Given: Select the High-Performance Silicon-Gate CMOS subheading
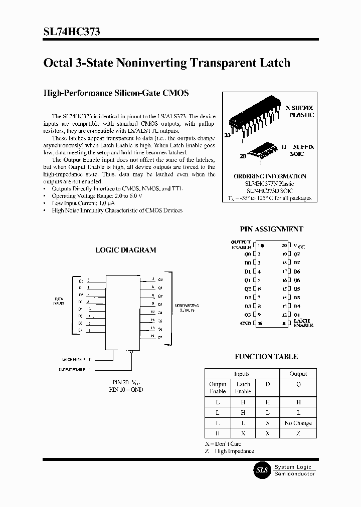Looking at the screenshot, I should pos(116,93).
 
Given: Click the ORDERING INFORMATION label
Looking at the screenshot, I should pos(270,176).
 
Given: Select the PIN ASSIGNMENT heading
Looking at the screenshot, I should pos(271,229).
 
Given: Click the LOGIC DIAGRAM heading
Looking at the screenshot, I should pos(126,250).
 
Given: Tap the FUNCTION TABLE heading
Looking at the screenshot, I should pos(266,357).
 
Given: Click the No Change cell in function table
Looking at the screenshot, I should pos(298,423).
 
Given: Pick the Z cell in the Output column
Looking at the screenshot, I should pos(298,433).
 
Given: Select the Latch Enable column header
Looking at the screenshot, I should pos(243,388).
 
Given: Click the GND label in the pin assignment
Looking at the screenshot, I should pos(246,324).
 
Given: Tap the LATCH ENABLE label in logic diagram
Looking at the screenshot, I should pos(72,359).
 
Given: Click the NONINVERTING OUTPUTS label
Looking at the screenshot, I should pos(187,308).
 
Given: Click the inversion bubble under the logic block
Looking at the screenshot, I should pos(131,352).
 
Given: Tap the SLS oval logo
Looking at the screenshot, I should pos(263,470).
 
